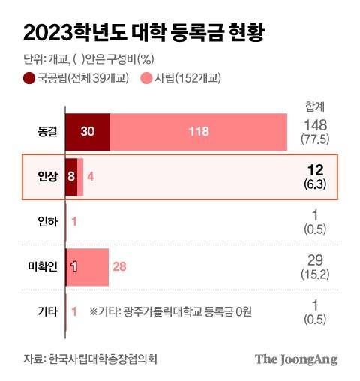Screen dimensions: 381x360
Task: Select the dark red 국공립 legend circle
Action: pyautogui.click(x=29, y=78)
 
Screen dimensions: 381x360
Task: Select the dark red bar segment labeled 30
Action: pyautogui.click(x=87, y=131)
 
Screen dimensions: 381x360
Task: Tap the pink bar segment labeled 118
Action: pyautogui.click(x=199, y=131)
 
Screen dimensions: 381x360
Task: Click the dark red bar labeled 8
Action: pyautogui.click(x=71, y=177)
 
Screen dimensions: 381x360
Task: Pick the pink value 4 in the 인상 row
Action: pyautogui.click(x=89, y=177)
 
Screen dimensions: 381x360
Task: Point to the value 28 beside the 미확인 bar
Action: pyautogui.click(x=119, y=266)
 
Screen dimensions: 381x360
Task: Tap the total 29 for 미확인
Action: pyautogui.click(x=315, y=259)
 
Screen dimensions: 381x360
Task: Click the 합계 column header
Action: pyautogui.click(x=315, y=106)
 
